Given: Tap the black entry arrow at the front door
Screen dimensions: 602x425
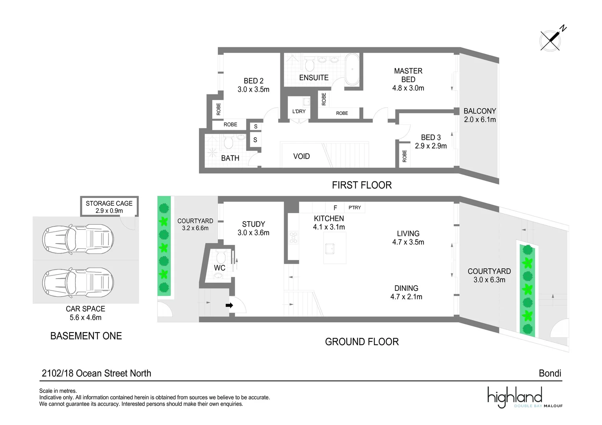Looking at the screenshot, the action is (x=229, y=305).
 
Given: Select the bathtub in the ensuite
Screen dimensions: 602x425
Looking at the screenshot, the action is (x=352, y=70).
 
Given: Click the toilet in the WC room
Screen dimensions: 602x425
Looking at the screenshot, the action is (x=221, y=257).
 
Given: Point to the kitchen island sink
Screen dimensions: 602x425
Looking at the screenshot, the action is (x=330, y=249).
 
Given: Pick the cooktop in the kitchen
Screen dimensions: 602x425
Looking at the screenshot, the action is (x=294, y=238).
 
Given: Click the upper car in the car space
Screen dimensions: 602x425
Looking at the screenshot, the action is (x=78, y=239).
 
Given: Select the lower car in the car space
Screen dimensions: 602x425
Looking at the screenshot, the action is (x=78, y=283).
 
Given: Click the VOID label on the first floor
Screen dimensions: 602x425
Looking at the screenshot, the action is (x=301, y=156).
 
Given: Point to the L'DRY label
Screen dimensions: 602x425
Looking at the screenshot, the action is (x=299, y=111).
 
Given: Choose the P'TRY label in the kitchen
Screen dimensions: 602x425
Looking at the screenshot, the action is (x=355, y=207).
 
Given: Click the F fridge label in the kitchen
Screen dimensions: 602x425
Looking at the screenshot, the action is (x=335, y=208).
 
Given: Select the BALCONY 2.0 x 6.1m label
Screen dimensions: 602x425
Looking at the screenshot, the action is (x=480, y=115).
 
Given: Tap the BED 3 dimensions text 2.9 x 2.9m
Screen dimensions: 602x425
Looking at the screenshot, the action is (x=431, y=146).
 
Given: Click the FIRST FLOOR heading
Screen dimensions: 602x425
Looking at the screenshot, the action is (x=362, y=185).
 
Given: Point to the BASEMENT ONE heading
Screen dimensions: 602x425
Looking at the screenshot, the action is (x=86, y=336).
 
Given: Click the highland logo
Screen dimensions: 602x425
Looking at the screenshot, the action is (x=525, y=397).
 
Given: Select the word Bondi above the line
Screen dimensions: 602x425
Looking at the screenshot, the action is (x=550, y=373).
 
